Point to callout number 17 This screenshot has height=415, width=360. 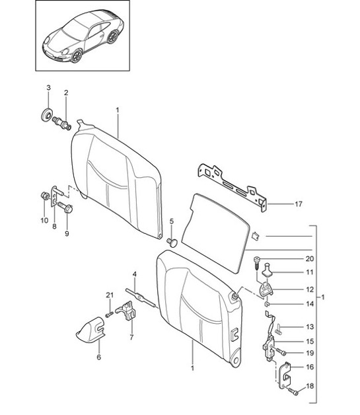pos(298,205)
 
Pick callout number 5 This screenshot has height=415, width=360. pos(172,221)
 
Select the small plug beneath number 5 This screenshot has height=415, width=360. pos(173,243)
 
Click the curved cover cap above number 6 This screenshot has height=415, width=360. pos(89,328)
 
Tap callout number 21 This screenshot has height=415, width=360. pos(109,295)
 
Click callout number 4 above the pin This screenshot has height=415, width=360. pos(134,274)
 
